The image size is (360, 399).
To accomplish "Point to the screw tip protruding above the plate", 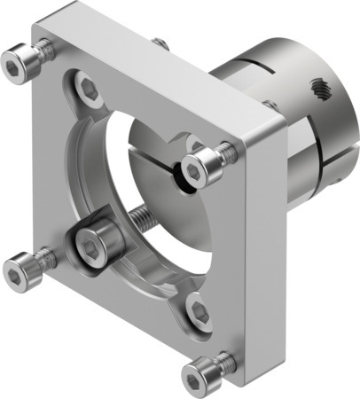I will pyautogui.click(x=160, y=42).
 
